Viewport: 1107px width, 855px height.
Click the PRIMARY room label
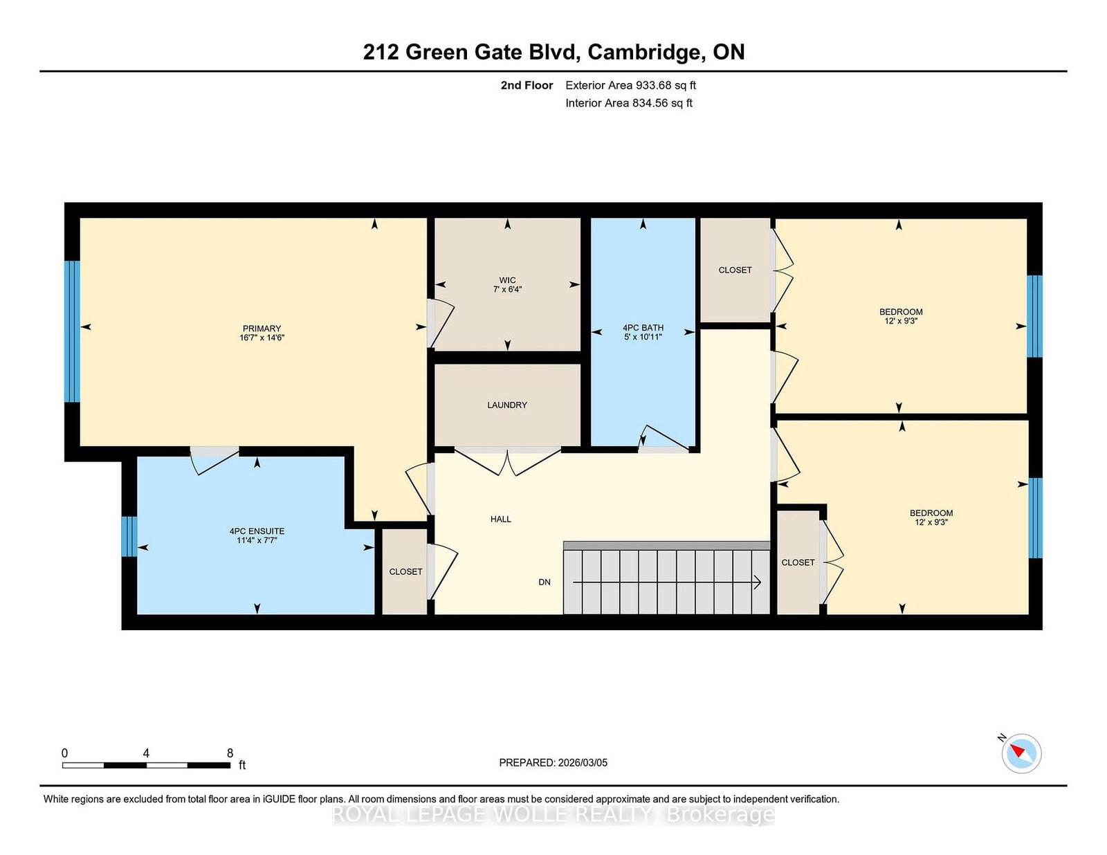(262, 329)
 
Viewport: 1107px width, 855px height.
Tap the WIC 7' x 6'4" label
(507, 285)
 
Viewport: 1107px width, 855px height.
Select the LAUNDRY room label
(506, 405)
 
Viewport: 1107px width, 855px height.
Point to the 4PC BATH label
(643, 328)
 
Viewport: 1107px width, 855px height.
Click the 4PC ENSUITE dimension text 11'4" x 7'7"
(256, 540)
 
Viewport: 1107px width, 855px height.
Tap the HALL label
(500, 519)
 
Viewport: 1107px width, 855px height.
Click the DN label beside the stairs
(545, 582)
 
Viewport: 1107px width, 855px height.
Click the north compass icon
(1021, 753)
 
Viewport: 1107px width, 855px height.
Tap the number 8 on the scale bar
(230, 753)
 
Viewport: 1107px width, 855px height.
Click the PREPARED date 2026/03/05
(581, 762)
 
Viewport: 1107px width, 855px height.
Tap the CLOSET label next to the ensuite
(405, 571)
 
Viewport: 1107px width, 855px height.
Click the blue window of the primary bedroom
(72, 331)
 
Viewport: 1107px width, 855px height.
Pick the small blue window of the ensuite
(129, 536)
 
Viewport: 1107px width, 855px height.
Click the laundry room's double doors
(507, 461)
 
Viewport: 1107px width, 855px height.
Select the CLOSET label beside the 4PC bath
(735, 270)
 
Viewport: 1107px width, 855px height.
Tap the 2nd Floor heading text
(527, 85)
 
